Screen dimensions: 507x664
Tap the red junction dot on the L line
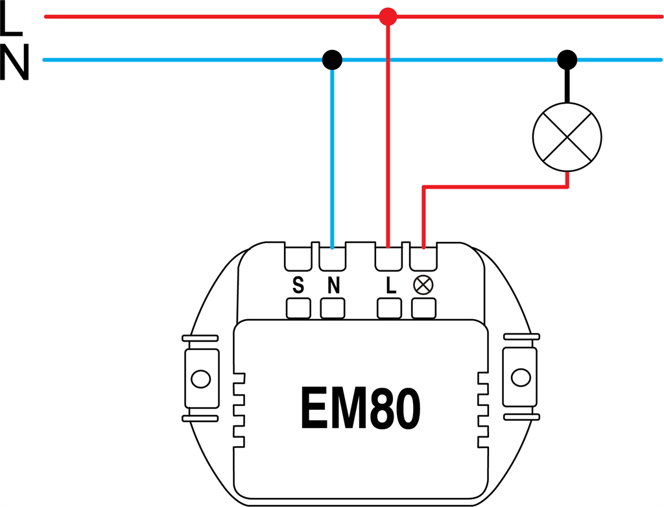pyautogui.click(x=387, y=16)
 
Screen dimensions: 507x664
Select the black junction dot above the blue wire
pyautogui.click(x=333, y=60)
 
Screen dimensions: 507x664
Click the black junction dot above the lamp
pyautogui.click(x=567, y=60)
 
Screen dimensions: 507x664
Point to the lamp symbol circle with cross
pyautogui.click(x=567, y=137)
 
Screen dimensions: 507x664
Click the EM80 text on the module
pyautogui.click(x=360, y=408)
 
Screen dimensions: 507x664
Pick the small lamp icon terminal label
pyautogui.click(x=423, y=286)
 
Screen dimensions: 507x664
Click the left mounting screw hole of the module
pyautogui.click(x=200, y=378)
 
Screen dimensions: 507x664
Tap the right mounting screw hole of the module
pyautogui.click(x=519, y=378)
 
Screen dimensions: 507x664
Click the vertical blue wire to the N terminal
pyautogui.click(x=333, y=156)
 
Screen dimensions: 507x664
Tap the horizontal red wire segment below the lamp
pyautogui.click(x=496, y=188)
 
